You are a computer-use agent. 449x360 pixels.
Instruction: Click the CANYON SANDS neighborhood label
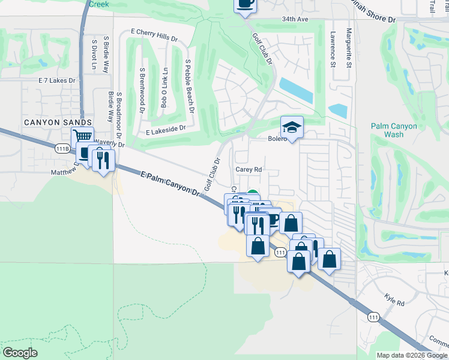(x=49, y=122)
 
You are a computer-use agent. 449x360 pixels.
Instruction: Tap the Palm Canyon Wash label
(x=395, y=130)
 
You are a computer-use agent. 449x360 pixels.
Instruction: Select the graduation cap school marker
(x=292, y=128)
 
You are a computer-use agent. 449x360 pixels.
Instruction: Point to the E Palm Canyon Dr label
(x=169, y=184)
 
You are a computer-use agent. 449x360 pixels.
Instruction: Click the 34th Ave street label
(x=295, y=19)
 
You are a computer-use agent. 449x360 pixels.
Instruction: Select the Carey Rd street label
(x=249, y=170)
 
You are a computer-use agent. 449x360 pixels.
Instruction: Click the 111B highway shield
(x=62, y=149)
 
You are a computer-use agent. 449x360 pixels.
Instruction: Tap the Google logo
(x=20, y=352)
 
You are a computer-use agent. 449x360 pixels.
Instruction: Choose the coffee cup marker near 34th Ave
(x=245, y=4)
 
